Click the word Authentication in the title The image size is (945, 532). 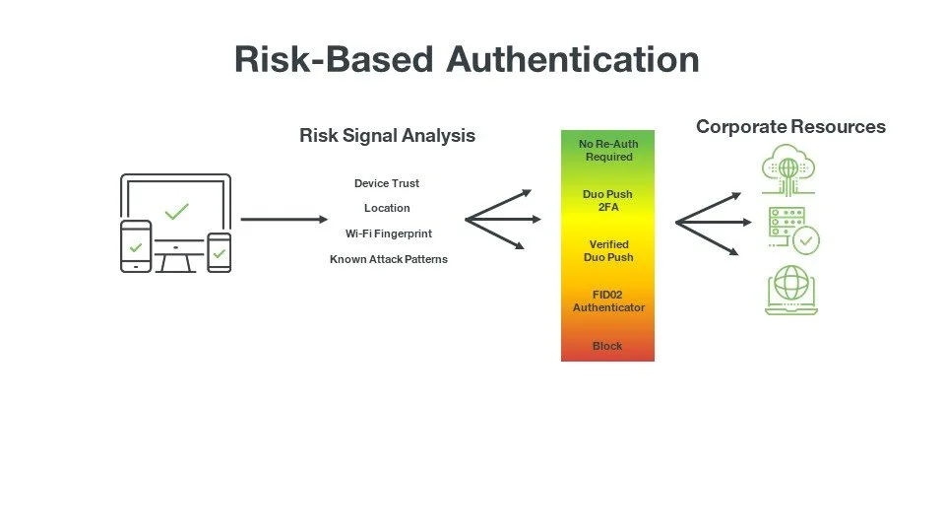pyautogui.click(x=572, y=59)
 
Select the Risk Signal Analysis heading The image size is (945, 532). pyautogui.click(x=387, y=136)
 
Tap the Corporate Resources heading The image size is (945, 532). pyautogui.click(x=790, y=127)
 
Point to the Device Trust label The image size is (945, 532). pyautogui.click(x=387, y=183)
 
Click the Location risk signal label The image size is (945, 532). pyautogui.click(x=387, y=208)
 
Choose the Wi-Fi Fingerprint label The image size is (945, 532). pyautogui.click(x=388, y=233)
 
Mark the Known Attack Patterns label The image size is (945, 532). pyautogui.click(x=388, y=259)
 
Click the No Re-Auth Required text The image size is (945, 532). pyautogui.click(x=608, y=151)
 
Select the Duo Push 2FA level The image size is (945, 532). pyautogui.click(x=607, y=201)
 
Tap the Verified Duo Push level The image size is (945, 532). pyautogui.click(x=608, y=251)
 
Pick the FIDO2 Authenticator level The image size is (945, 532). pyautogui.click(x=608, y=301)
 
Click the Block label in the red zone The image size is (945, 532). pyautogui.click(x=607, y=346)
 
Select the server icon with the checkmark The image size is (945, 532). pyautogui.click(x=792, y=231)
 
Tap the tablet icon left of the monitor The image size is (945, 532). pyautogui.click(x=136, y=245)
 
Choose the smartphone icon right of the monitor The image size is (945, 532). pyautogui.click(x=220, y=252)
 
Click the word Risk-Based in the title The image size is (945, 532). pyautogui.click(x=334, y=59)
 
